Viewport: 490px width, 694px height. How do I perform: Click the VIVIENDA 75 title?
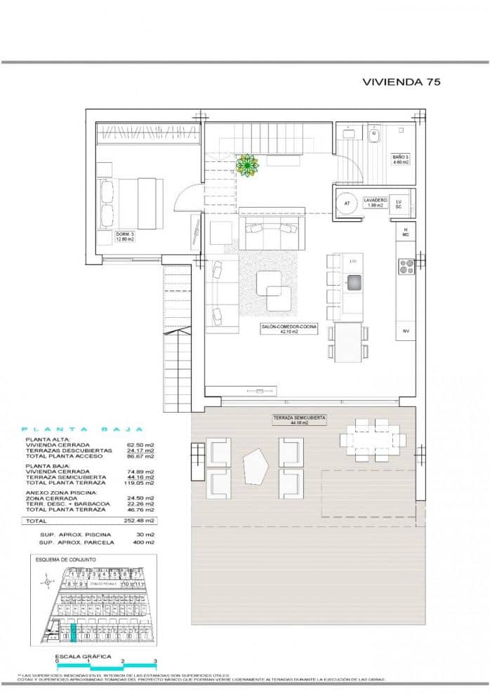pyautogui.click(x=401, y=82)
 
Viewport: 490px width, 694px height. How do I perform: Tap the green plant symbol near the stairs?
pyautogui.click(x=247, y=165)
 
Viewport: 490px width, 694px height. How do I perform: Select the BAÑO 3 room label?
pyautogui.click(x=399, y=159)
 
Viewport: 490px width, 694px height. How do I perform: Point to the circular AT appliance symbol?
pyautogui.click(x=347, y=203)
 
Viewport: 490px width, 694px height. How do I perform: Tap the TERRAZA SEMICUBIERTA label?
pyautogui.click(x=299, y=420)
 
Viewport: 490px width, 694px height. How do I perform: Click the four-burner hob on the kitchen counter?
pyautogui.click(x=406, y=266)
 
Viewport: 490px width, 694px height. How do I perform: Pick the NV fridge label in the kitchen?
pyautogui.click(x=406, y=331)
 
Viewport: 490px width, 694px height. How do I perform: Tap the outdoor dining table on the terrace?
pyautogui.click(x=373, y=439)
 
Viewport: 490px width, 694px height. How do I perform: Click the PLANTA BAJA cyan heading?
pyautogui.click(x=82, y=429)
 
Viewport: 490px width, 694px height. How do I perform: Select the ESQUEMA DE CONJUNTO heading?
pyautogui.click(x=65, y=559)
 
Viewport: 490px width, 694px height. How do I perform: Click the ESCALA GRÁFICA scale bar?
pyautogui.click(x=105, y=665)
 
